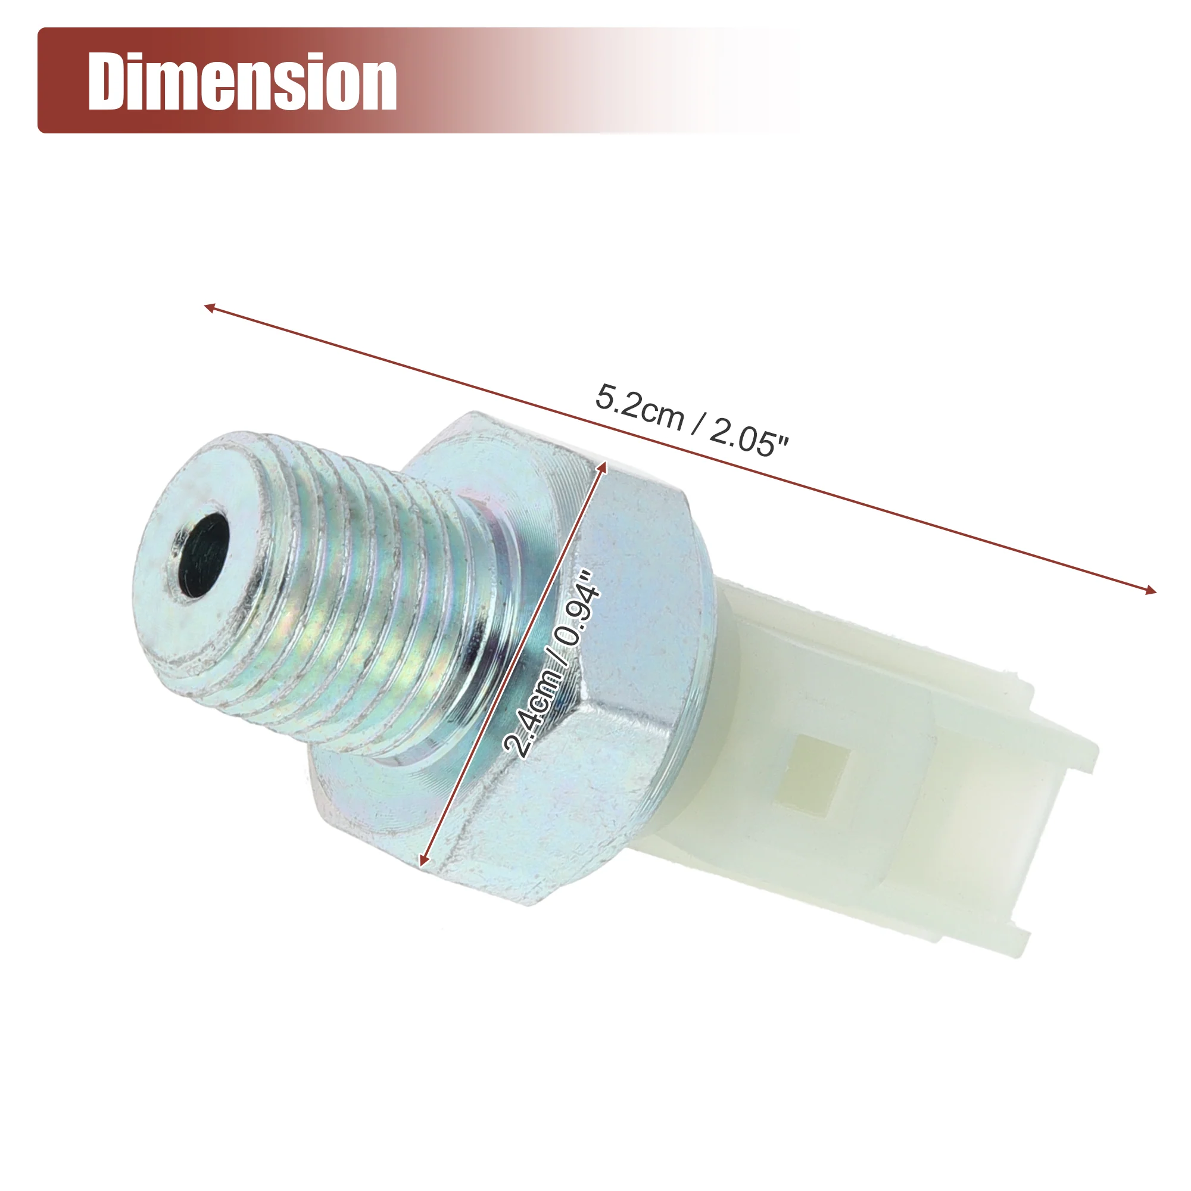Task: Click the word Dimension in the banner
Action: pyautogui.click(x=242, y=82)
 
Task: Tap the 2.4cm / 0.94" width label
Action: pyautogui.click(x=552, y=664)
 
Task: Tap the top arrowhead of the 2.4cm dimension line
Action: pyautogui.click(x=603, y=466)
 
